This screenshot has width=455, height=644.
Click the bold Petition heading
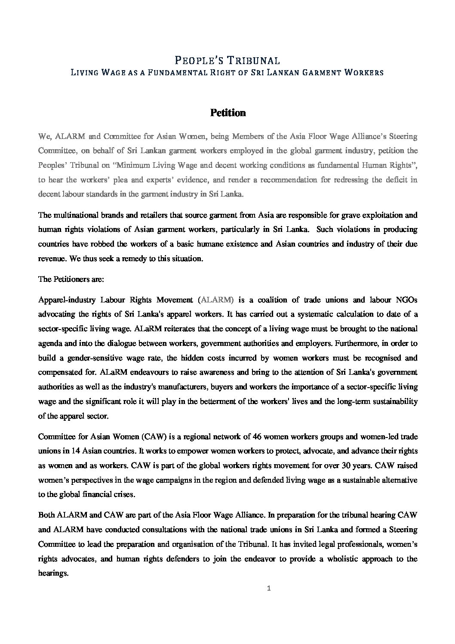click(227, 113)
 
